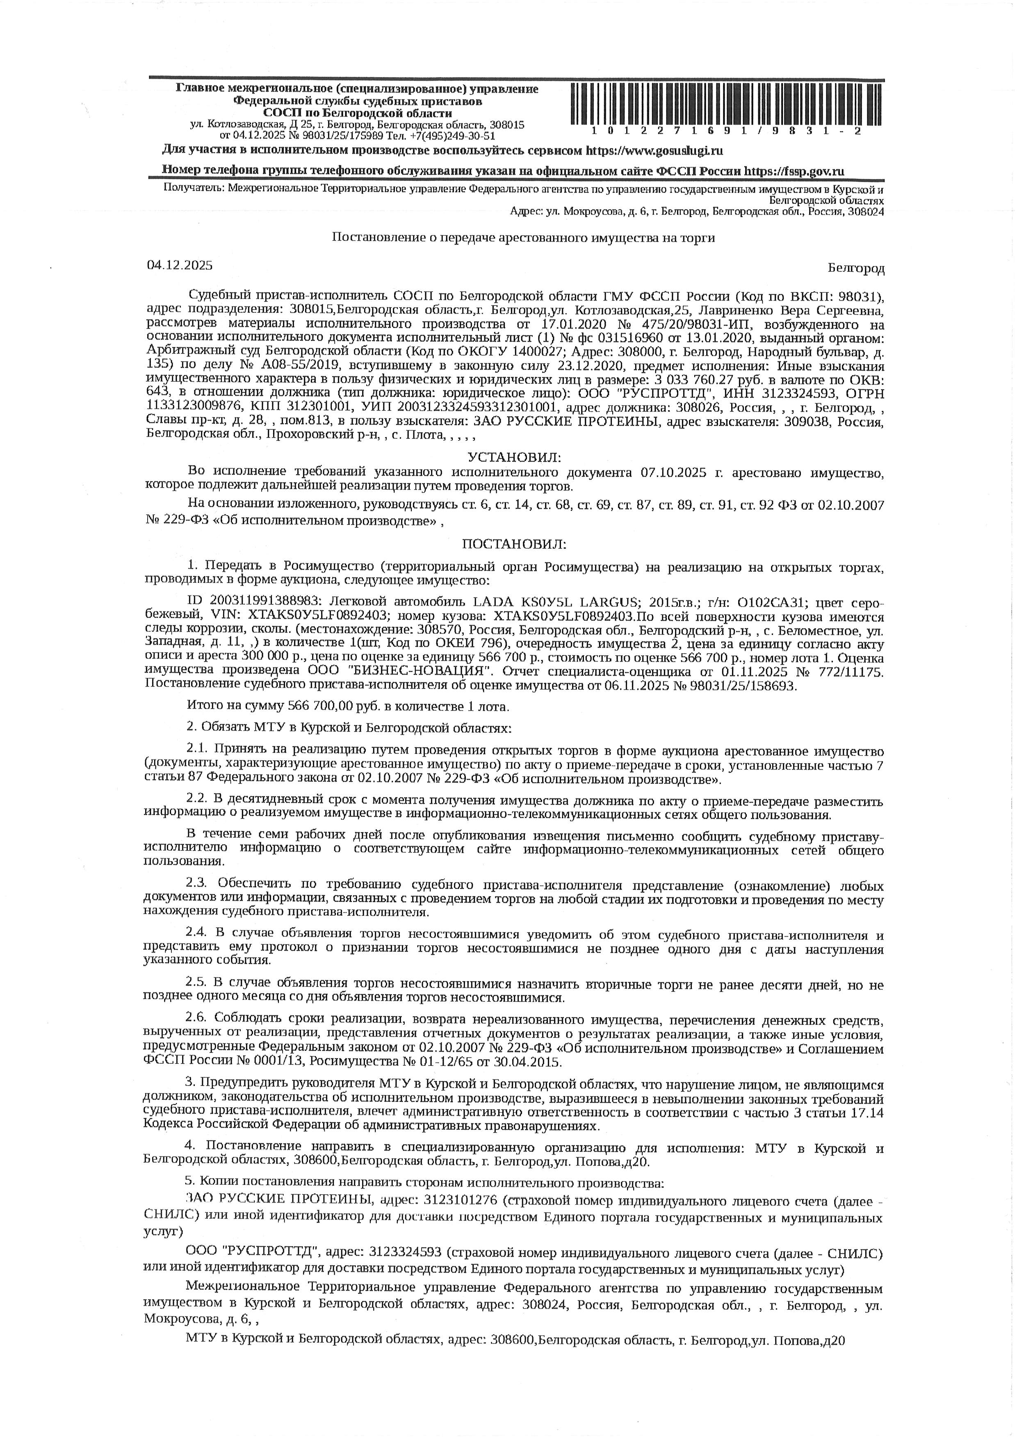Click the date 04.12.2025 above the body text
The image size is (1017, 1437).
click(x=180, y=265)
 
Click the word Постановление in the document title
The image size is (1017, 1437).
click(x=377, y=238)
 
